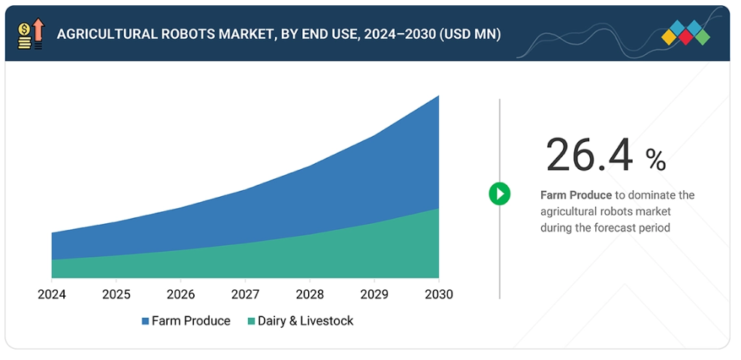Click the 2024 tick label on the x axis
pyautogui.click(x=52, y=295)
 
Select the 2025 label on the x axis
pyautogui.click(x=116, y=295)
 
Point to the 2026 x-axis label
pyautogui.click(x=180, y=295)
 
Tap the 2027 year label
pyautogui.click(x=245, y=295)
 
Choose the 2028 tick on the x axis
pyautogui.click(x=310, y=295)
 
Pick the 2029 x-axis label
pyautogui.click(x=374, y=295)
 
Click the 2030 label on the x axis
pyautogui.click(x=438, y=295)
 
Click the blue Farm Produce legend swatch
pyautogui.click(x=145, y=322)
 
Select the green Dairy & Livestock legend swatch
pyautogui.click(x=251, y=322)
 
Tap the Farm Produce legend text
pyautogui.click(x=191, y=321)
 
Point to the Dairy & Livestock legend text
pyautogui.click(x=305, y=321)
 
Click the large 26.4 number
pyautogui.click(x=590, y=156)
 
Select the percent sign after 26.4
pyautogui.click(x=655, y=159)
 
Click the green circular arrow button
pyautogui.click(x=499, y=194)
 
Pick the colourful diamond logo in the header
pyautogui.click(x=685, y=34)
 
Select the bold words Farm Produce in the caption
pyautogui.click(x=576, y=195)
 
